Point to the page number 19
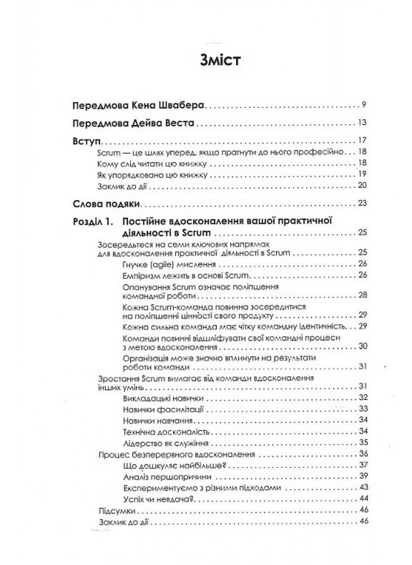[363, 174]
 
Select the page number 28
[363, 295]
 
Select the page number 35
[363, 442]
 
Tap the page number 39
[363, 476]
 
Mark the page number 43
[363, 487]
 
